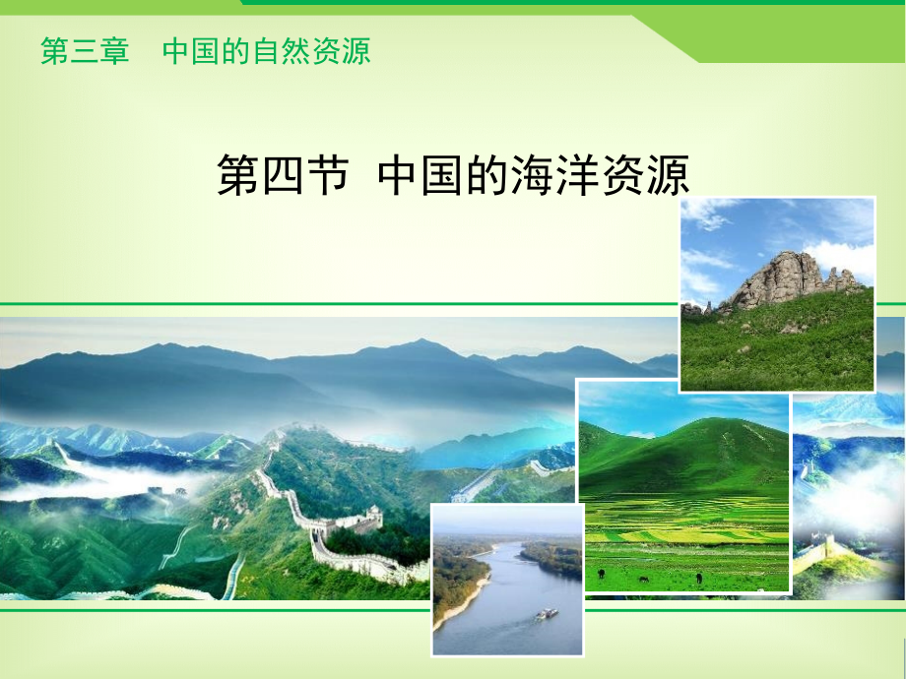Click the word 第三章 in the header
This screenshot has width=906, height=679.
click(85, 51)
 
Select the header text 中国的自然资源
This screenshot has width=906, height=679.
click(266, 51)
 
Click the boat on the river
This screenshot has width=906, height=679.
click(545, 614)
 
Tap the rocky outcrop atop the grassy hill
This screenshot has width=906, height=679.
click(785, 278)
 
